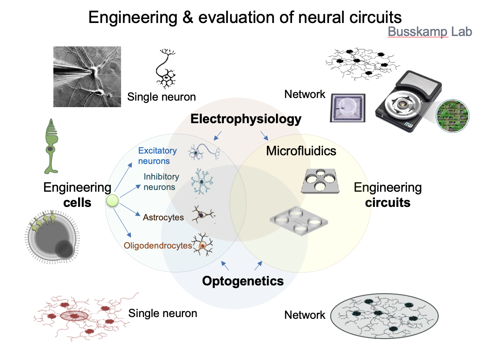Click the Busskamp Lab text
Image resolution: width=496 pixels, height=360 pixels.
pos(429,31)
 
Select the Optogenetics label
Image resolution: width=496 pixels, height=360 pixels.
pos(243,281)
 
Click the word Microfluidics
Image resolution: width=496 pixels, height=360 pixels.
pos(301,151)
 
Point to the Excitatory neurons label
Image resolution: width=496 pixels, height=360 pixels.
pos(158,156)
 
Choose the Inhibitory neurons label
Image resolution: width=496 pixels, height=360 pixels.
pos(161,182)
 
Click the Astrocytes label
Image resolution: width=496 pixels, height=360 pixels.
pos(163,217)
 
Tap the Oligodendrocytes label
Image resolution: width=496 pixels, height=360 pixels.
pos(158,245)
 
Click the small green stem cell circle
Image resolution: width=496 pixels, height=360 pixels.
pos(113,201)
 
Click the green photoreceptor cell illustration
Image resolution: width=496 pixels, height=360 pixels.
pos(51,146)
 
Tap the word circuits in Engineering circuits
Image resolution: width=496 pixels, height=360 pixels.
pos(388,203)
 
